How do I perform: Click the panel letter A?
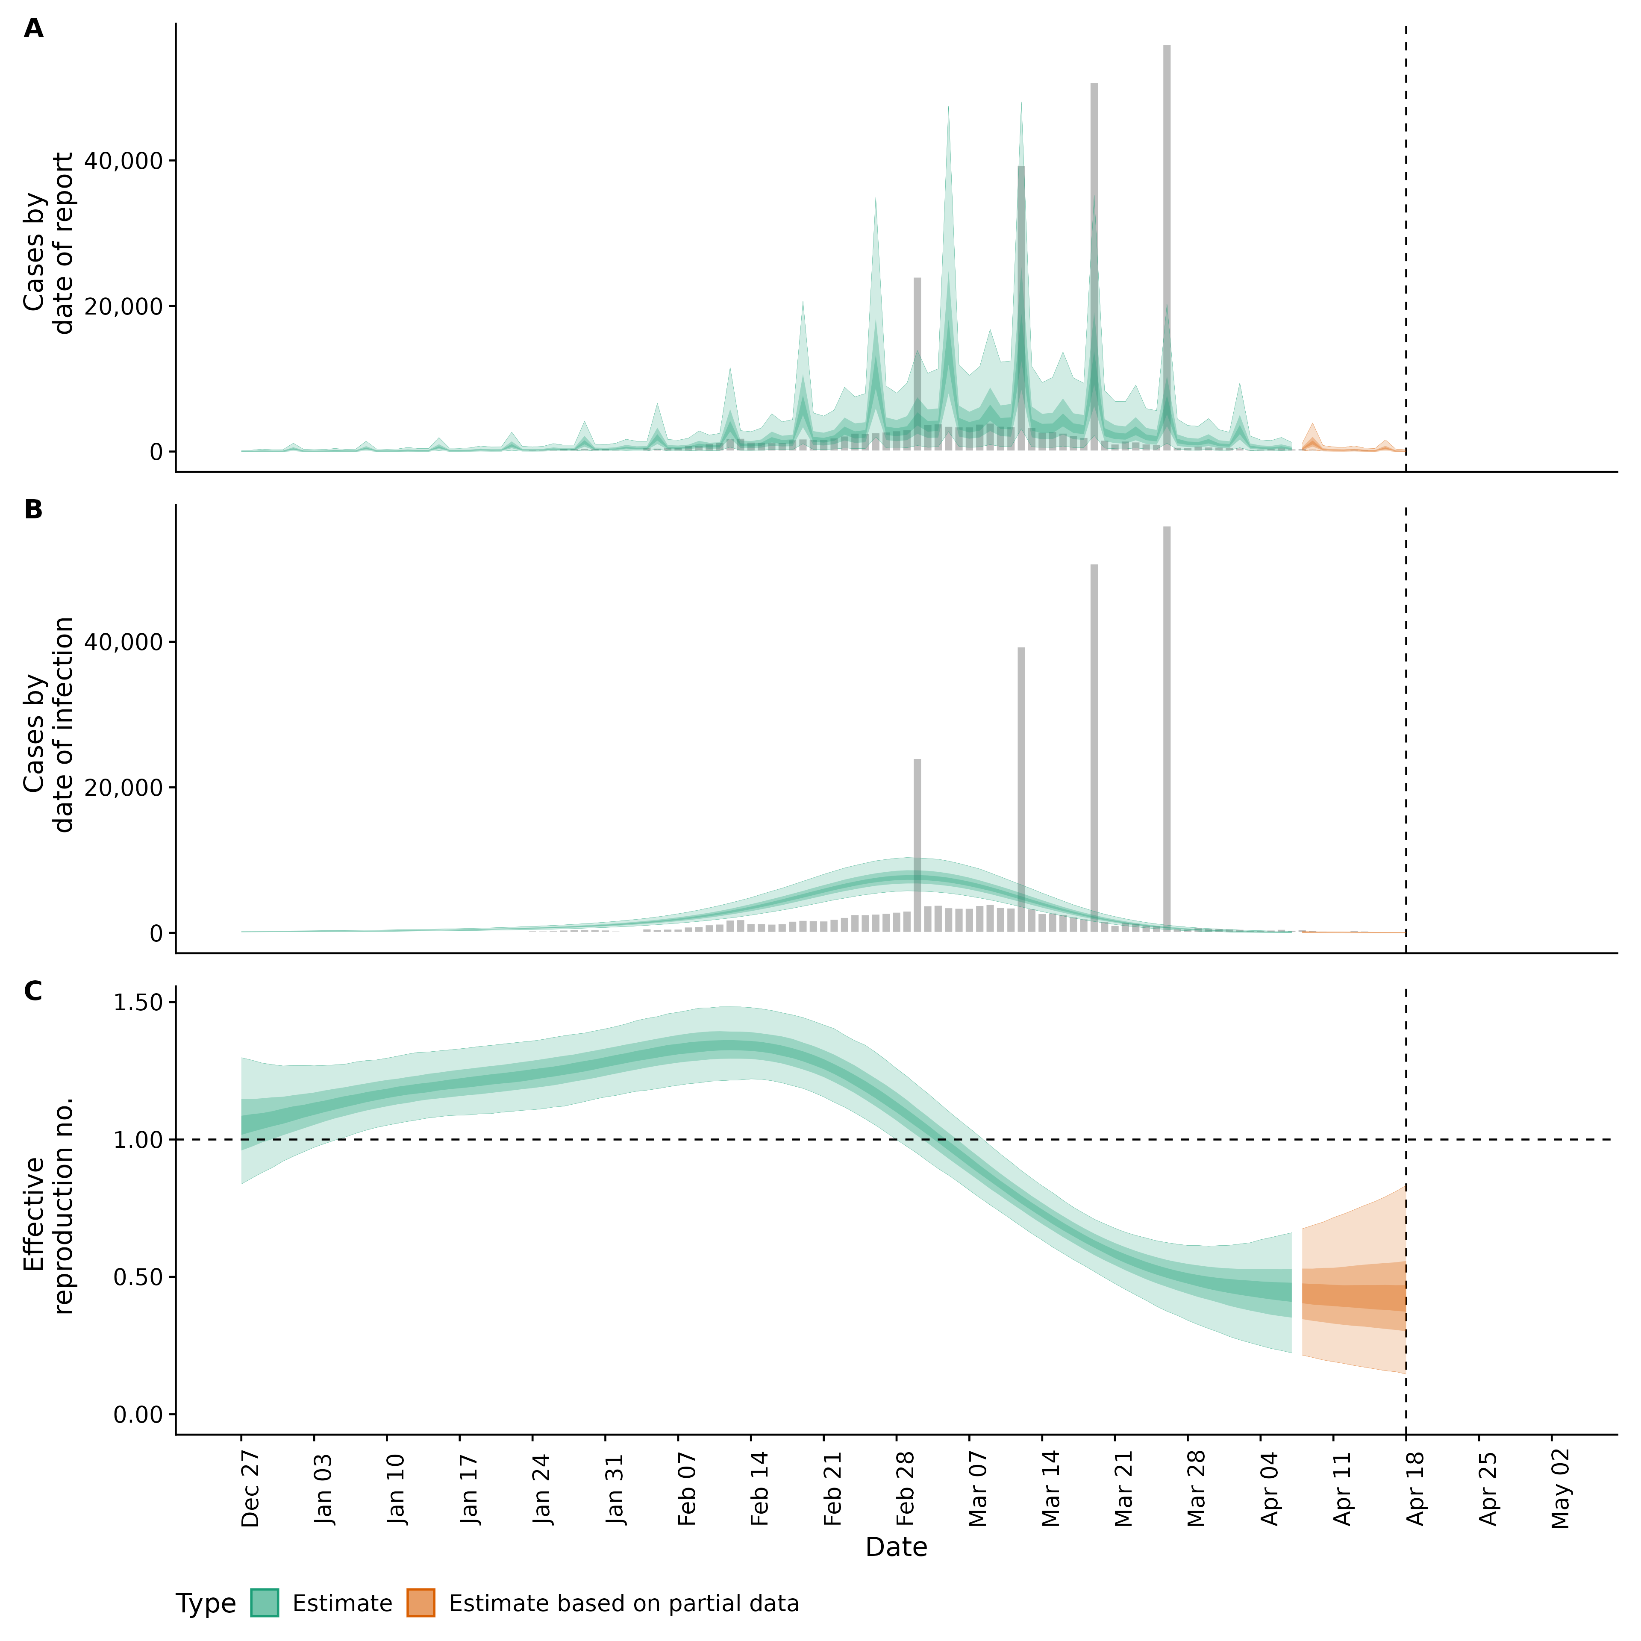point(33,29)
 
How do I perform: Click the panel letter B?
point(33,510)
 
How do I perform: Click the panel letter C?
point(33,991)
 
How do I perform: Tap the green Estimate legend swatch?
point(264,1603)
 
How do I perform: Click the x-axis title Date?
point(896,1547)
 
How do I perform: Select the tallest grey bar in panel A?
point(1167,246)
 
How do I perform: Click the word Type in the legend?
point(206,1604)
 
